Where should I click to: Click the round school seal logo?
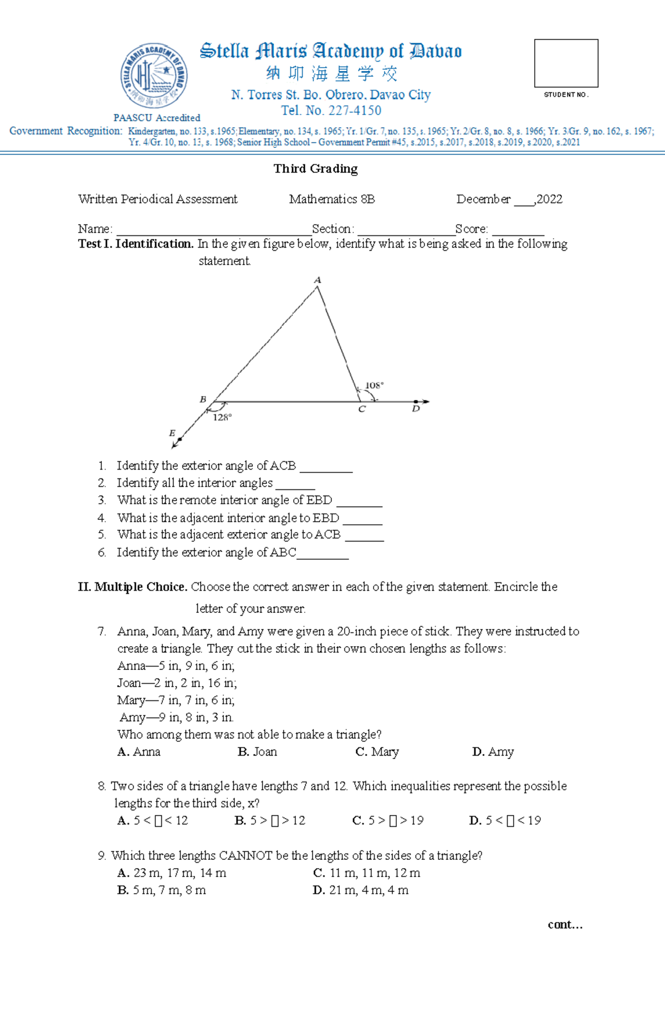tap(154, 76)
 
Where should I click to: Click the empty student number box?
tap(566, 63)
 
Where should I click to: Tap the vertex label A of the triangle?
tap(318, 280)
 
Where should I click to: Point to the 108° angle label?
tap(374, 385)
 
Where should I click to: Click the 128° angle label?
tap(222, 417)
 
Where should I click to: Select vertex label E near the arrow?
tap(172, 433)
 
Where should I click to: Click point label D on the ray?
tap(416, 409)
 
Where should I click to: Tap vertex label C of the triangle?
tap(362, 410)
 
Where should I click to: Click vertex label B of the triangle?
tap(203, 399)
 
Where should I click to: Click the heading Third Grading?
tap(315, 169)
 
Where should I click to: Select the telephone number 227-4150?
tap(354, 111)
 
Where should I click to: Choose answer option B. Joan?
tap(257, 752)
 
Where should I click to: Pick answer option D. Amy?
tap(493, 752)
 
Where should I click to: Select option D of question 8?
tap(505, 821)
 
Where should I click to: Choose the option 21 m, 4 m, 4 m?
tap(361, 890)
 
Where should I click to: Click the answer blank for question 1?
tap(326, 467)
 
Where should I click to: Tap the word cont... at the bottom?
tap(565, 925)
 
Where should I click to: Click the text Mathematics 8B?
tap(332, 199)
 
